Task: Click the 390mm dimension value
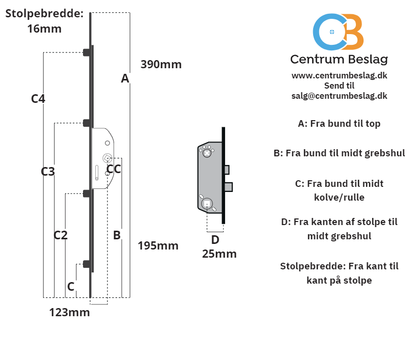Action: [161, 64]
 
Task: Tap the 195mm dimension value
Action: [158, 245]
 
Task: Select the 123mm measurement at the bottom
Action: [70, 312]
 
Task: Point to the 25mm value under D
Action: [219, 254]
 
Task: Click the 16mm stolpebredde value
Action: [44, 29]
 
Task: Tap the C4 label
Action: [38, 99]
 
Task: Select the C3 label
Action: [48, 172]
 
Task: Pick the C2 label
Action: [61, 235]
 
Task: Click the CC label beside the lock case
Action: [114, 169]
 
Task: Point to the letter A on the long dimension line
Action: [125, 78]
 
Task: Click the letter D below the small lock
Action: [215, 240]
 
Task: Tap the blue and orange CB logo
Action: [338, 32]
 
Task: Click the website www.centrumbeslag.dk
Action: [339, 75]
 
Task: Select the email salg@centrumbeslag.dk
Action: [339, 96]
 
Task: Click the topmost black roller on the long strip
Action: [87, 52]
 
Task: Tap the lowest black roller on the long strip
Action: [87, 264]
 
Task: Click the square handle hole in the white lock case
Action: [107, 158]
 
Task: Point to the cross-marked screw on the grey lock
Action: [207, 153]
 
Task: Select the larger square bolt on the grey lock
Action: [229, 187]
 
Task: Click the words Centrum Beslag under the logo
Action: [339, 59]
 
